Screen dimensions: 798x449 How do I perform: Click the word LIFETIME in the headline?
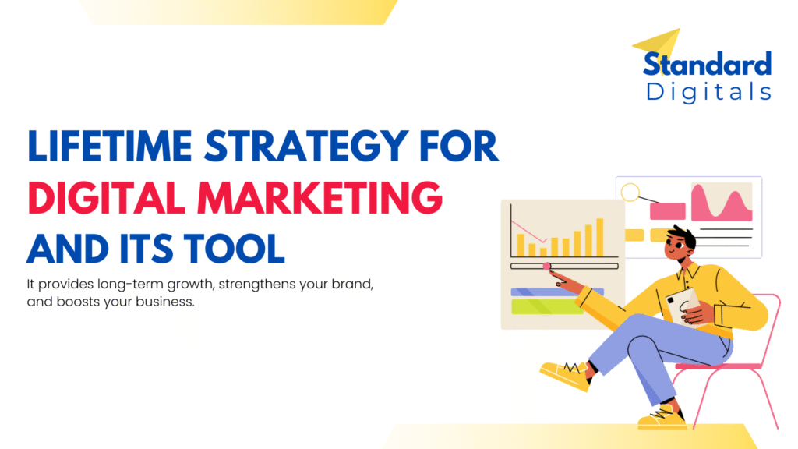[x=109, y=146]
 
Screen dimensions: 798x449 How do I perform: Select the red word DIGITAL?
[x=106, y=197]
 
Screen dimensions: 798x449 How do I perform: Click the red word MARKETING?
[x=320, y=197]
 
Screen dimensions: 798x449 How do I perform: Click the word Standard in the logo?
[x=708, y=64]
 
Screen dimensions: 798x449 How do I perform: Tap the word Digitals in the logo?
[x=708, y=93]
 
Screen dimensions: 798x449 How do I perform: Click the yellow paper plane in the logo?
[x=658, y=46]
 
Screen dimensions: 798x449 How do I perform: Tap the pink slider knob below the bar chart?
[x=546, y=267]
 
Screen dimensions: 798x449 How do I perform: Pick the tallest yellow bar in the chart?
[x=600, y=237]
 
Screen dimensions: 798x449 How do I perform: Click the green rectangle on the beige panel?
[x=547, y=306]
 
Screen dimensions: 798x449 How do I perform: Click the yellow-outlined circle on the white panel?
[x=630, y=193]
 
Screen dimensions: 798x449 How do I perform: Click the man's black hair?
[x=683, y=235]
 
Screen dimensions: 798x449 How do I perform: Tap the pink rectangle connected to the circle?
[x=667, y=211]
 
